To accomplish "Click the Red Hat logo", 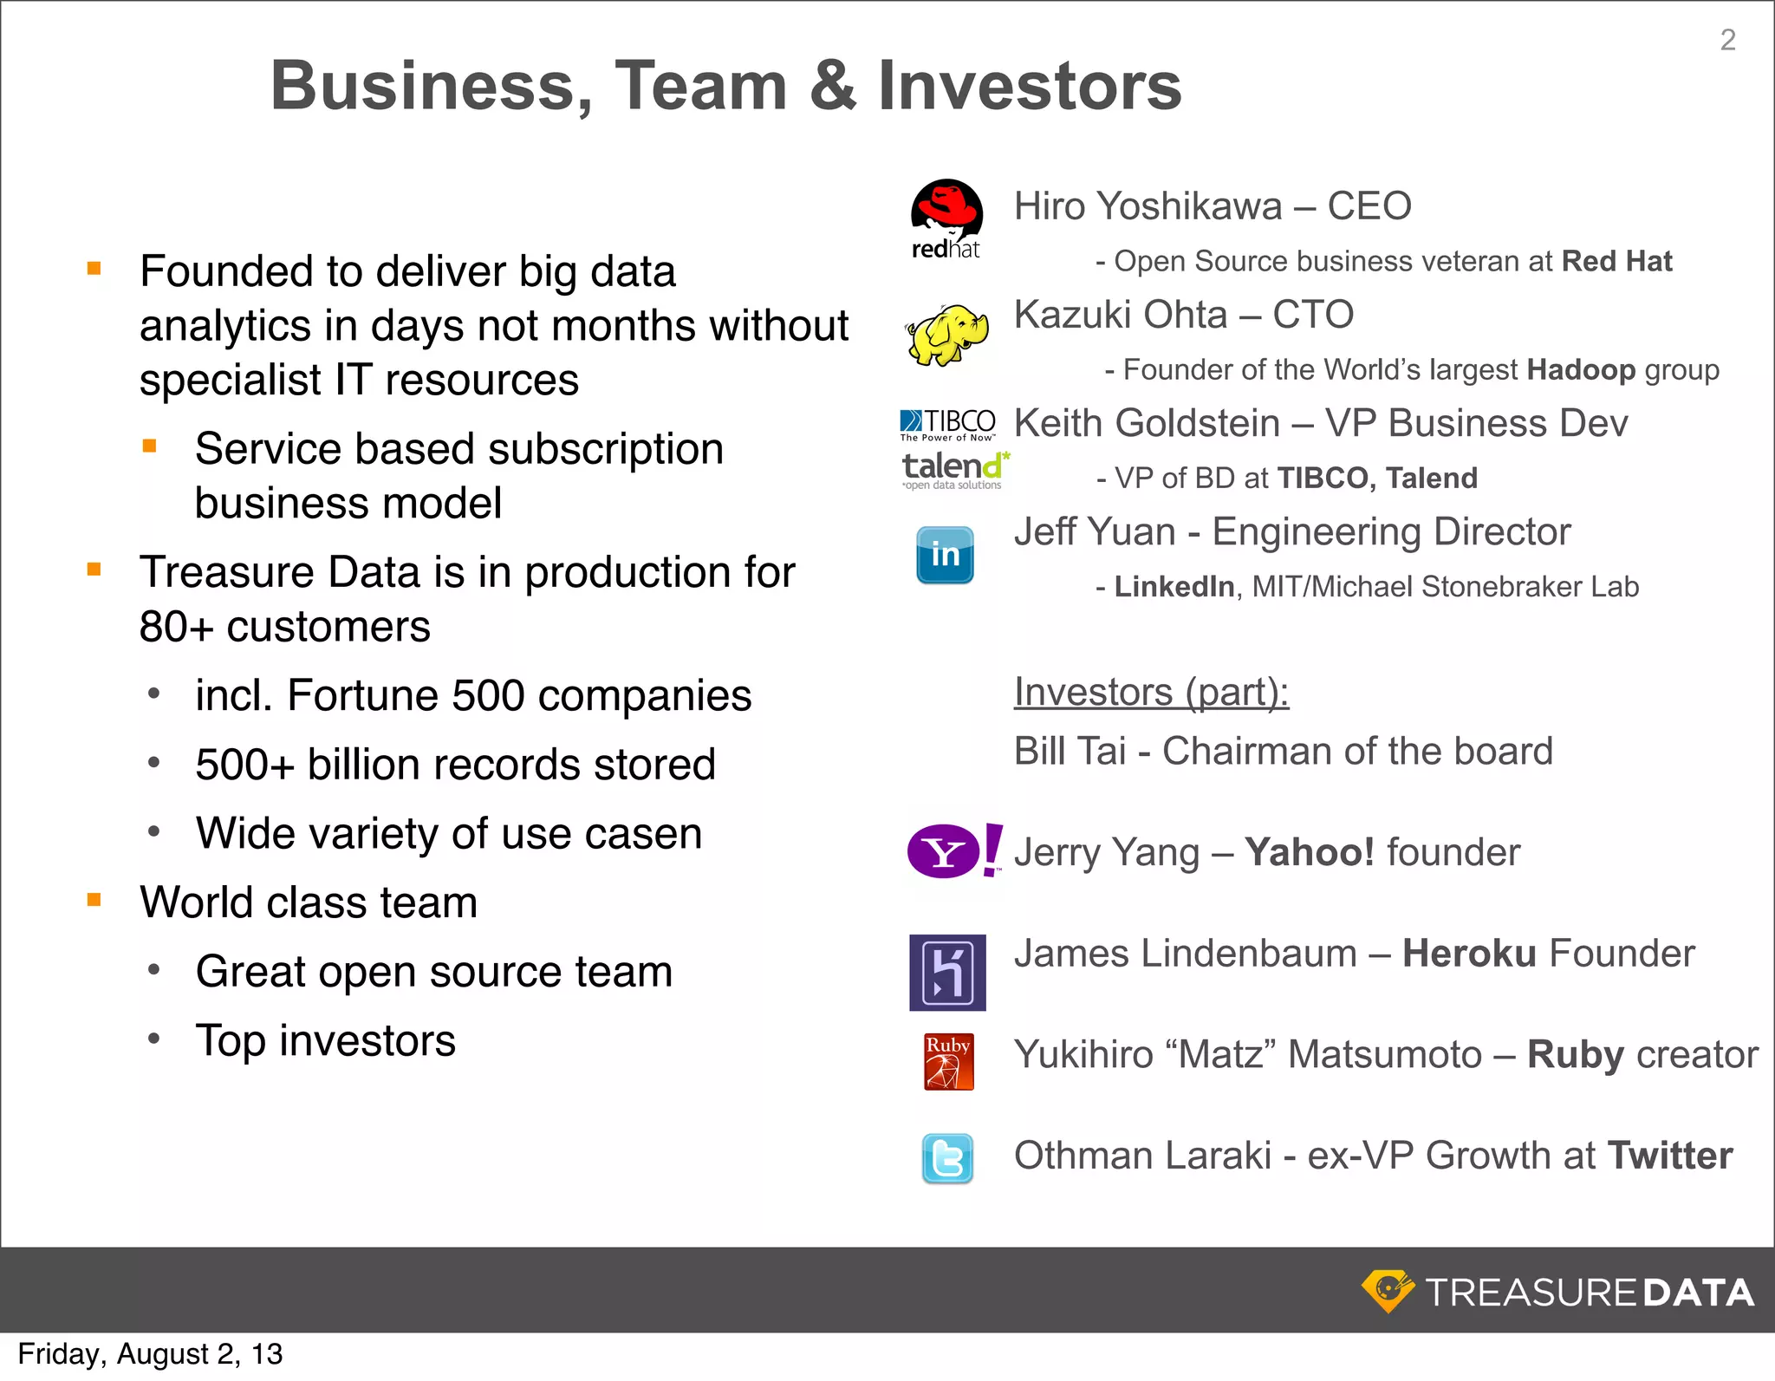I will tap(946, 219).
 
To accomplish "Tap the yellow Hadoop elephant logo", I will tap(947, 335).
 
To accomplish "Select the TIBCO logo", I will tap(948, 424).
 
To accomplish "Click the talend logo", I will tap(953, 469).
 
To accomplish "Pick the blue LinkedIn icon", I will tap(945, 555).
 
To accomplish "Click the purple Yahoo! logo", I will tap(953, 851).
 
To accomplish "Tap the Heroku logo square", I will tap(947, 972).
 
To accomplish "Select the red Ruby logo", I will tap(948, 1061).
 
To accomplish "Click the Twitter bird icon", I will tap(947, 1158).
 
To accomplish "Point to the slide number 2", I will tap(1727, 40).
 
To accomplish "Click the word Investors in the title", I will tap(1030, 86).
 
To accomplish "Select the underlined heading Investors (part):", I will tap(1151, 692).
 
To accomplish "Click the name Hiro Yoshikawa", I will tap(1148, 206).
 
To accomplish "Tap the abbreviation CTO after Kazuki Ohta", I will tap(1312, 315).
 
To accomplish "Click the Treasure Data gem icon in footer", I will tap(1388, 1291).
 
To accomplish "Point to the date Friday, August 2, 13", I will tap(150, 1353).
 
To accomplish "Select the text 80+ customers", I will tap(284, 626).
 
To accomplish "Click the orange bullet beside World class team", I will tap(94, 900).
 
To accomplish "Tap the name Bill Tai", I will tap(1070, 751).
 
